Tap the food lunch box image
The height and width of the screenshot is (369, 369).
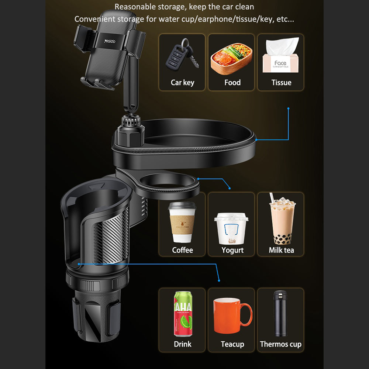[231, 58]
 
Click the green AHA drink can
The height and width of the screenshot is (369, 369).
[183, 314]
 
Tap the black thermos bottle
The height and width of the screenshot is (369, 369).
[280, 313]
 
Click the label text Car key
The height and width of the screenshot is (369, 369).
[182, 83]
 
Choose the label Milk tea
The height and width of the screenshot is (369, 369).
[281, 250]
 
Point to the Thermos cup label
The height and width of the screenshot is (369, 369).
[280, 344]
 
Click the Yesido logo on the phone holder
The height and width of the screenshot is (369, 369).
[110, 40]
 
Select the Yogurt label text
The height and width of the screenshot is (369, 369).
[232, 250]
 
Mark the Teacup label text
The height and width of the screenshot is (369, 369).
[232, 344]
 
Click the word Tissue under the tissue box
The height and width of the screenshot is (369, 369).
[281, 83]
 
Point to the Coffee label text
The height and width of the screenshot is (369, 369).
[182, 250]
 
